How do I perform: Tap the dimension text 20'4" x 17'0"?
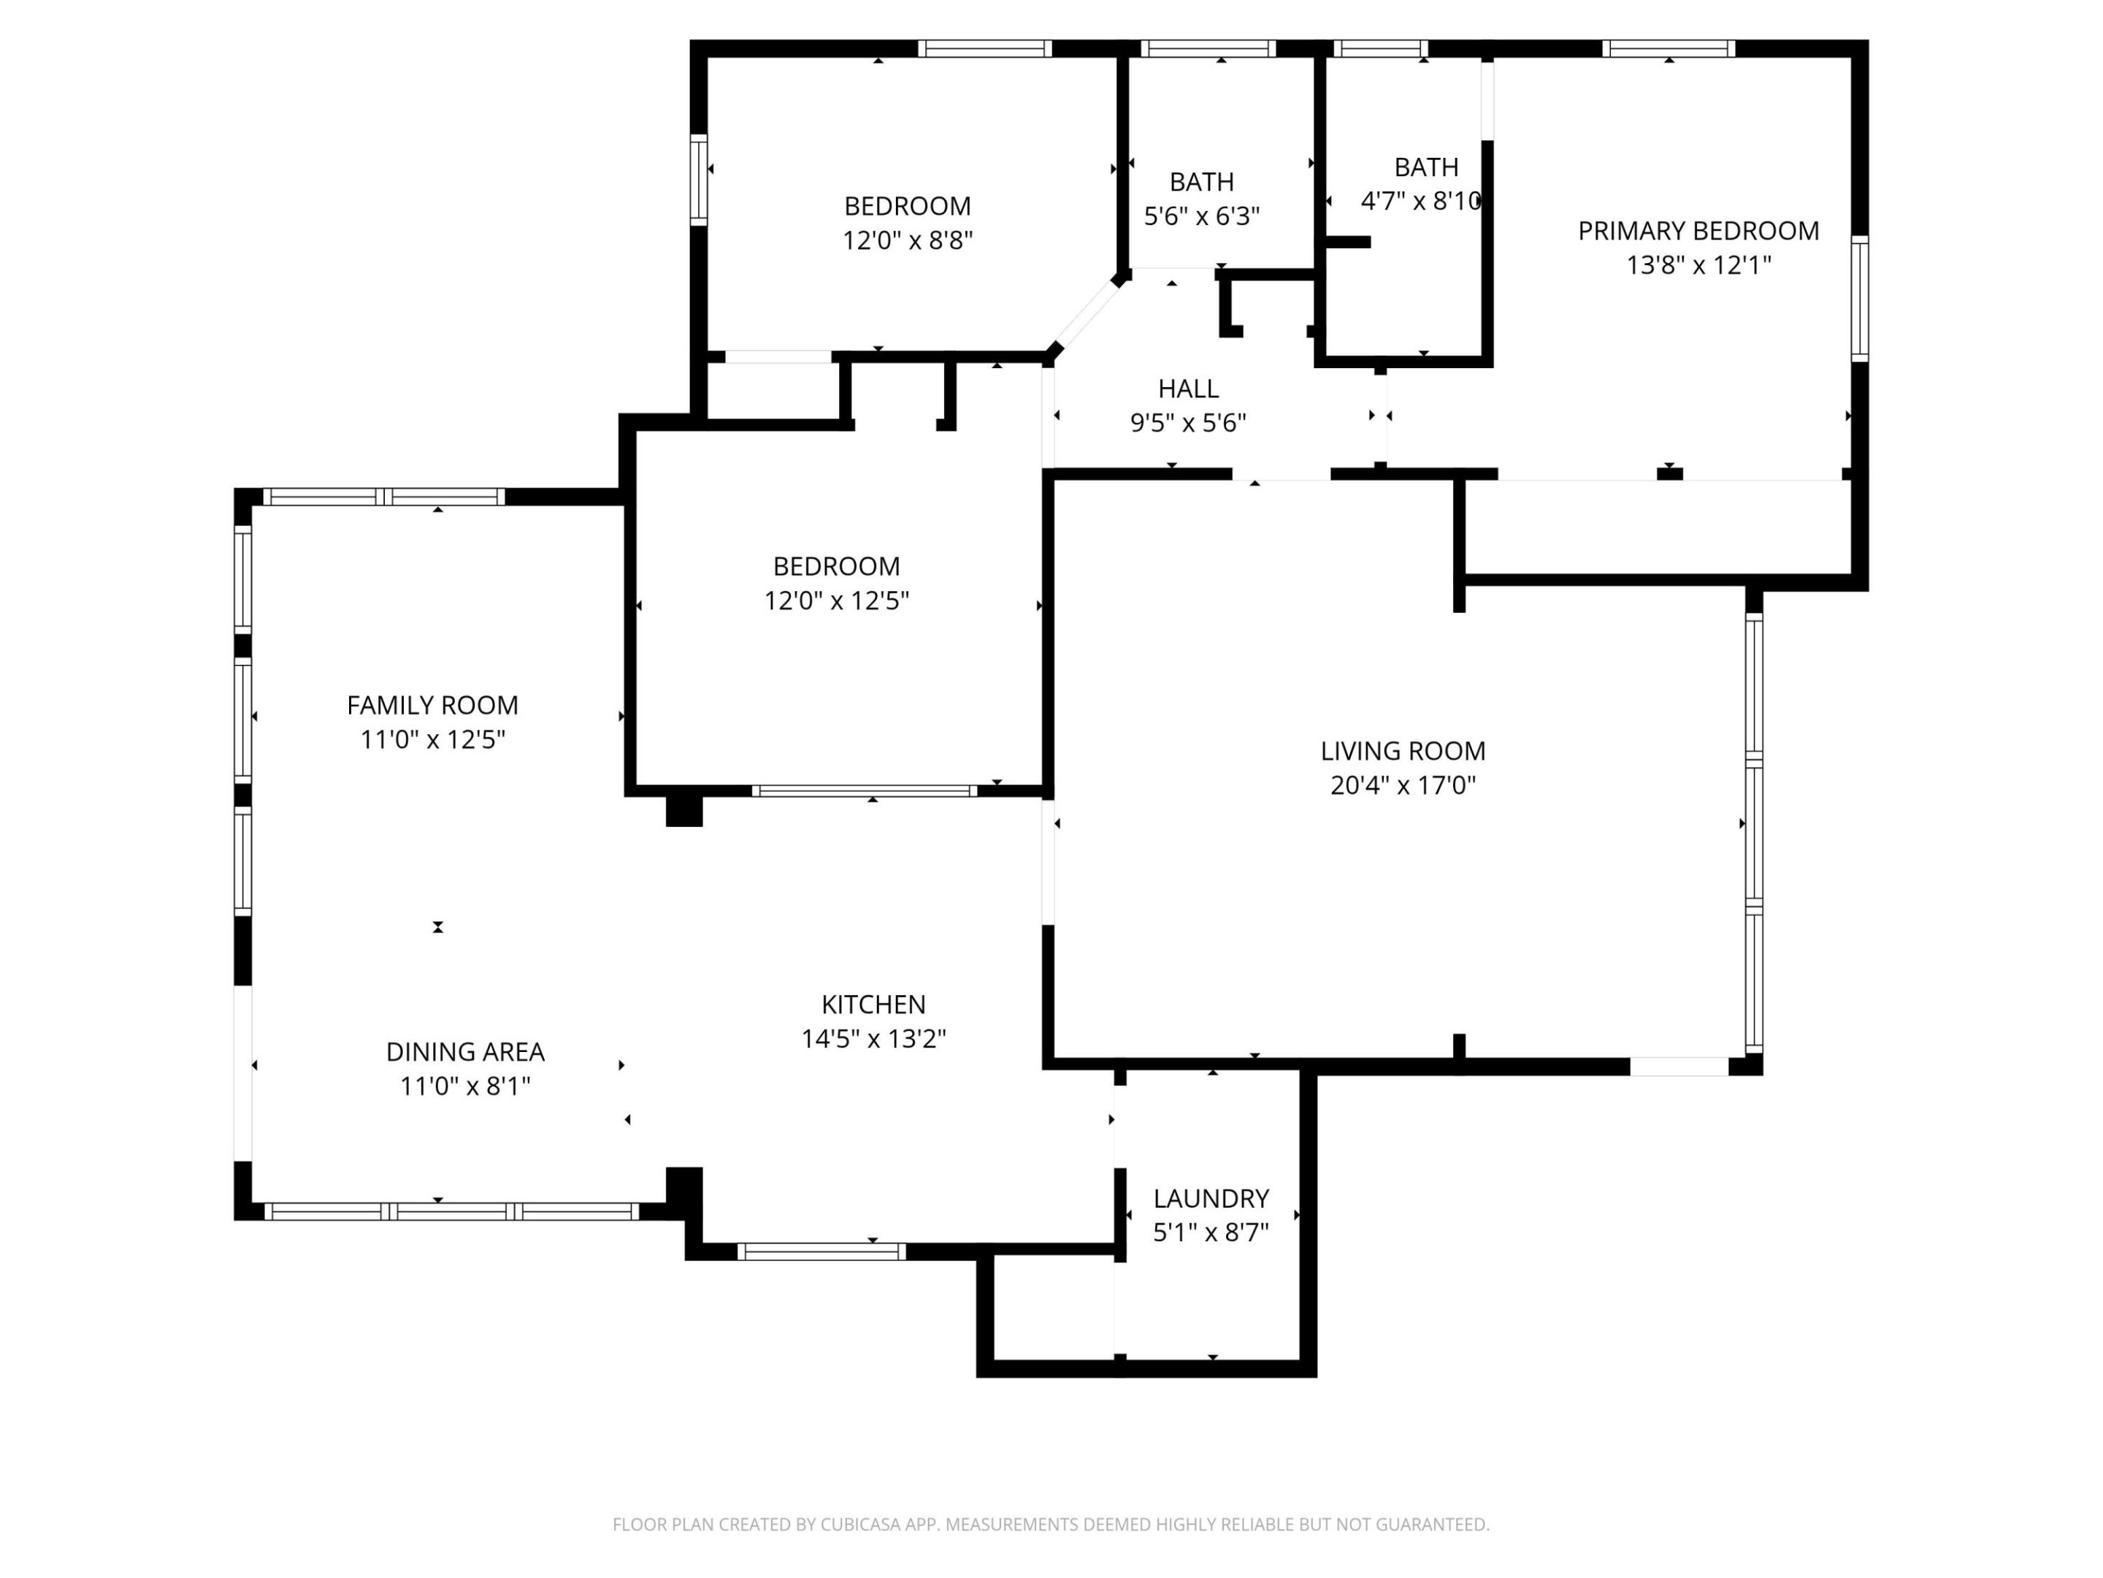(x=1402, y=785)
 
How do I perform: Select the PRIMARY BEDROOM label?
(x=1698, y=230)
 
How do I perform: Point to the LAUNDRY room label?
(x=1210, y=1199)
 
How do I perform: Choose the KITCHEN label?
(x=873, y=1005)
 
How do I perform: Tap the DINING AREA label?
(x=465, y=1052)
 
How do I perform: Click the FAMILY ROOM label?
(x=432, y=705)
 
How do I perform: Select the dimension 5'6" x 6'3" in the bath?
(x=1202, y=217)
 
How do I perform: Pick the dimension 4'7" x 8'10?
(x=1420, y=202)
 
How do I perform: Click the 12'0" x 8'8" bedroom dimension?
(x=907, y=240)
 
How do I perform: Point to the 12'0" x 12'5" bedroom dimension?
(x=837, y=601)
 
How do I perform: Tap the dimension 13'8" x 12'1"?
(x=1698, y=265)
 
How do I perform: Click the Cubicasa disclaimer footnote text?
(x=1051, y=1525)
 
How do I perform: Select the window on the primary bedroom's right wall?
(x=1860, y=299)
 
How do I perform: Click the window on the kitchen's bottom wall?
(x=821, y=1251)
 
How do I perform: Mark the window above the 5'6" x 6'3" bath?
(x=1208, y=48)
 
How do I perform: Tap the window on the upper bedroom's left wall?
(x=699, y=180)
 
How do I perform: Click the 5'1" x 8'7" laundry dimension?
(x=1210, y=1232)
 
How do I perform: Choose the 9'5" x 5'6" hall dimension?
(x=1187, y=423)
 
